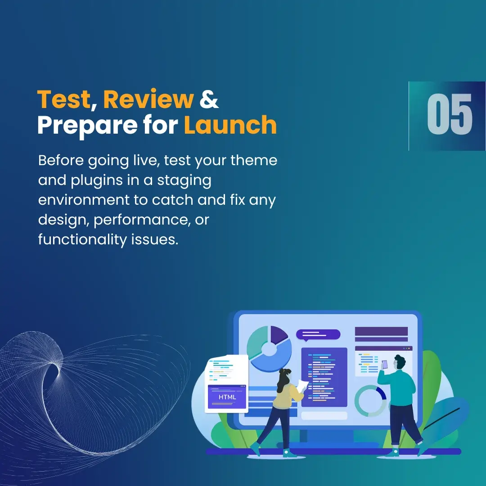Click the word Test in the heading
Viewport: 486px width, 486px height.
coord(63,99)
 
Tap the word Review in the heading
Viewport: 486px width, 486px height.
coord(148,99)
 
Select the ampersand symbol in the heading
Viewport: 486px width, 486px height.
coord(209,99)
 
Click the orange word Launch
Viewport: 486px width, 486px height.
coord(230,125)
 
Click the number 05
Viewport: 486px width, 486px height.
coord(450,114)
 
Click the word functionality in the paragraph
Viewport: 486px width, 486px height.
coord(82,239)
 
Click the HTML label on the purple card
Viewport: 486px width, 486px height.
coord(227,397)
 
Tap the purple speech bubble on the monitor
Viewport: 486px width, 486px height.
coord(318,335)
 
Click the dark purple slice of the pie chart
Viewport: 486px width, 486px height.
coord(279,334)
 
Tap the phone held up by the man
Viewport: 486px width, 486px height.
coord(385,364)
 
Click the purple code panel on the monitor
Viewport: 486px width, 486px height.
coord(324,377)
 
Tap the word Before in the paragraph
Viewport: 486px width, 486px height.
coord(61,161)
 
